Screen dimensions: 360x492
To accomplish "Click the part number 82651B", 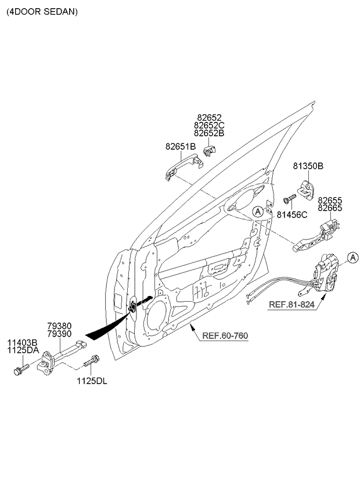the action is [x=181, y=147].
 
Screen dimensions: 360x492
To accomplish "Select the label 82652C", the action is [x=209, y=125].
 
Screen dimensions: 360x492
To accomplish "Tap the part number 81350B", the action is [x=308, y=166].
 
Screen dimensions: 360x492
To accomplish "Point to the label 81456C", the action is [x=292, y=215].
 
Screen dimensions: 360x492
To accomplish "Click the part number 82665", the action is [x=330, y=208].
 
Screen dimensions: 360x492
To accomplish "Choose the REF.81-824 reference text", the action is [x=291, y=305].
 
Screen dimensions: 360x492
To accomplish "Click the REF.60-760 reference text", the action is [x=225, y=336].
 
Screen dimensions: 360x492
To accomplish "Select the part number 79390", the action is [x=59, y=334].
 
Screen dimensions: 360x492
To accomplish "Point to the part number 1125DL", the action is [x=92, y=381].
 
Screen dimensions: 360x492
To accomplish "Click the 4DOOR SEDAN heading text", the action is [x=42, y=12].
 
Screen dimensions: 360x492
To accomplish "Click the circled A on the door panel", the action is [x=258, y=212].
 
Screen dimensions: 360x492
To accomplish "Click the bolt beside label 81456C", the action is [x=290, y=198].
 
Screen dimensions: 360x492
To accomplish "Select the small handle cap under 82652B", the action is [x=210, y=151].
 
